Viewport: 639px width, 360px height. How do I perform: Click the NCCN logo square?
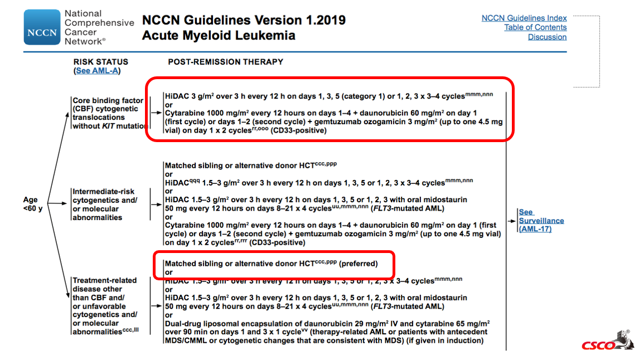[x=42, y=27]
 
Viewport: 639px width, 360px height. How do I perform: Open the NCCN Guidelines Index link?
[x=524, y=18]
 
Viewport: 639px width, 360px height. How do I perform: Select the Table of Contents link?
[x=535, y=28]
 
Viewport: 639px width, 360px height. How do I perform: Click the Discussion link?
[x=547, y=37]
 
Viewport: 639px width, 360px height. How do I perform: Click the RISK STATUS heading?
[x=100, y=62]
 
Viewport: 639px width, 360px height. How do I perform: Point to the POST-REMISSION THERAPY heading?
[x=225, y=62]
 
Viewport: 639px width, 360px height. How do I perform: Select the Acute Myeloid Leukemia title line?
[x=219, y=36]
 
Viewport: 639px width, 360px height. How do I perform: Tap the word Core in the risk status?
[x=82, y=101]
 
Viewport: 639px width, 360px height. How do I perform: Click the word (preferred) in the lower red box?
[x=358, y=264]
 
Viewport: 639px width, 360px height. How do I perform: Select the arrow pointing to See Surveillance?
[x=512, y=221]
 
